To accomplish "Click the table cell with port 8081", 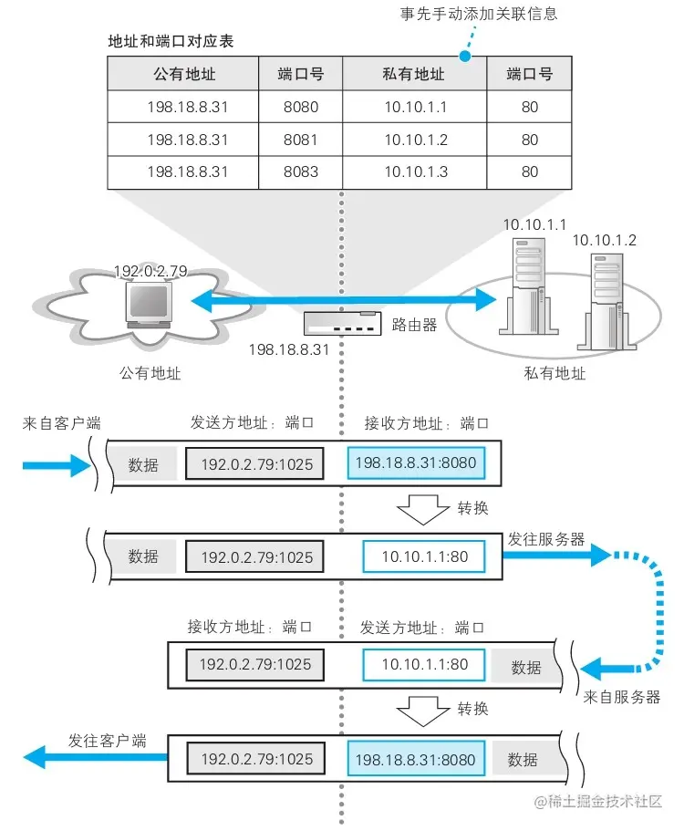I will pyautogui.click(x=301, y=140).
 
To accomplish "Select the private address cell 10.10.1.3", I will pyautogui.click(x=415, y=171).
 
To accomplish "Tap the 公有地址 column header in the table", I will pyautogui.click(x=185, y=74).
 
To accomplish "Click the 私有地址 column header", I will pyautogui.click(x=415, y=74).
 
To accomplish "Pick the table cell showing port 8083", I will pyautogui.click(x=301, y=171).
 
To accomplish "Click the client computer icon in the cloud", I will pyautogui.click(x=148, y=305).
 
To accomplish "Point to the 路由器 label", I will pyautogui.click(x=414, y=325).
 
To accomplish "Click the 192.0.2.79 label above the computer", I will pyautogui.click(x=150, y=271).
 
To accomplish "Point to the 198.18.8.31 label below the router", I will pyautogui.click(x=288, y=349).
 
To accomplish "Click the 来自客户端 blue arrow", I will pyautogui.click(x=57, y=465).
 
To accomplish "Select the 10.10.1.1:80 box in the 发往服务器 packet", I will pyautogui.click(x=424, y=556).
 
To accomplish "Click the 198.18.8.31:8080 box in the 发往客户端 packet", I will pyautogui.click(x=415, y=759).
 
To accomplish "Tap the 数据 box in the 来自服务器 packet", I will pyautogui.click(x=526, y=667).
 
